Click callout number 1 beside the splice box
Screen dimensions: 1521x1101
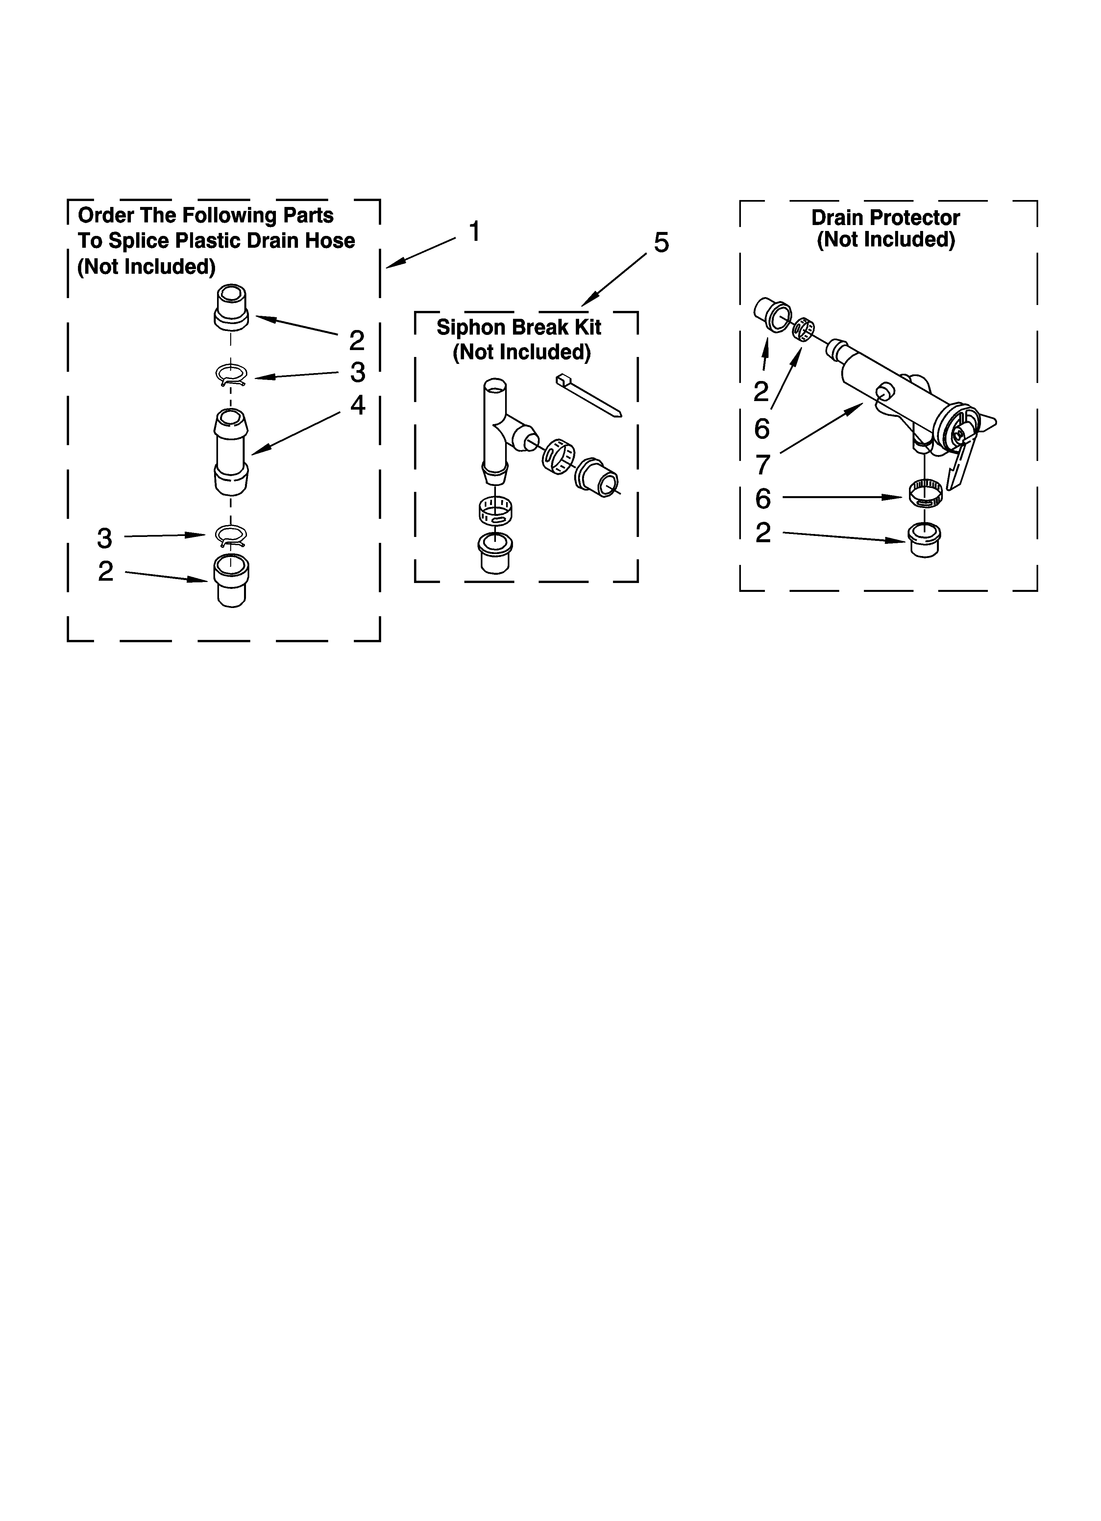coord(474,232)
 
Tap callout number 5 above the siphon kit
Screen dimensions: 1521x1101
coord(661,243)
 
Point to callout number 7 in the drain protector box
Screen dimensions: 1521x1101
coord(762,464)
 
